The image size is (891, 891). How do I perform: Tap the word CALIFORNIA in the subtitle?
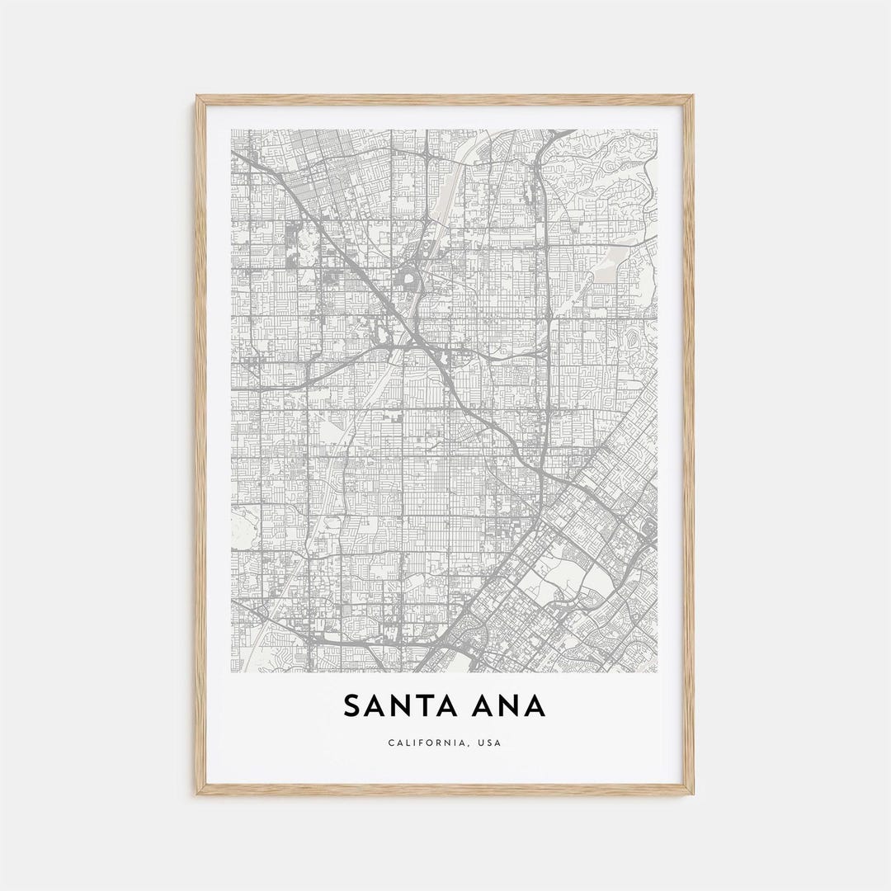click(422, 743)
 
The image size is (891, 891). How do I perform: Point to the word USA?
click(489, 743)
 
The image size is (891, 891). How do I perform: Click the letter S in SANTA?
click(352, 706)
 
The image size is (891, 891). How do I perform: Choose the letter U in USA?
click(478, 743)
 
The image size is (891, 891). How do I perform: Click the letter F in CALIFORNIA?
click(419, 743)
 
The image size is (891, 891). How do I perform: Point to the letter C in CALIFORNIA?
click(391, 743)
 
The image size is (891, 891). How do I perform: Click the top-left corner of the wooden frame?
click(197, 96)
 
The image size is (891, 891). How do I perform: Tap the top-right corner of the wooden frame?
click(693, 96)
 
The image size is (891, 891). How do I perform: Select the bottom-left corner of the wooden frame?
click(197, 794)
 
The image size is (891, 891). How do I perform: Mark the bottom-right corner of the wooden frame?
click(693, 794)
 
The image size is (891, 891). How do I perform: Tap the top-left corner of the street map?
click(231, 129)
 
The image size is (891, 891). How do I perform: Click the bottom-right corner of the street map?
click(658, 672)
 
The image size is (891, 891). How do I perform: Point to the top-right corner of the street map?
click(658, 129)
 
